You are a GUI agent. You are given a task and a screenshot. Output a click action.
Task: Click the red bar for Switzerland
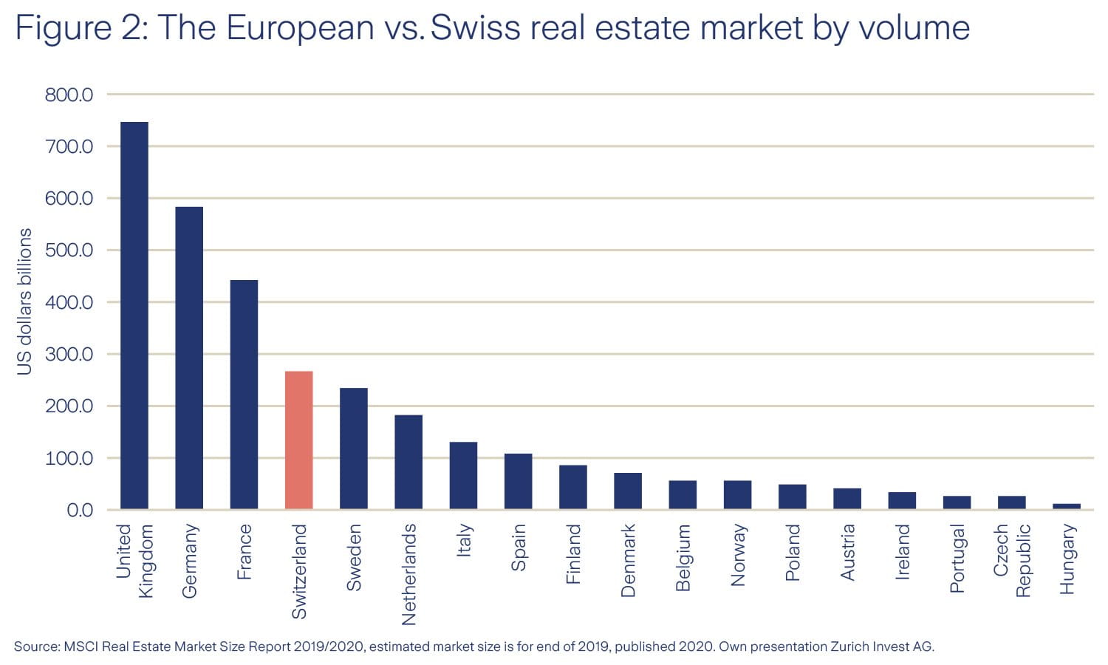(298, 440)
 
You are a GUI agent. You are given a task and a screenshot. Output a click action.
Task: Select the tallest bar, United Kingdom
(134, 316)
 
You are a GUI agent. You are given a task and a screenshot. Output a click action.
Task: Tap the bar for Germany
(189, 358)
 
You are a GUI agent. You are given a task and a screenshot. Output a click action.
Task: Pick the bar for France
(244, 395)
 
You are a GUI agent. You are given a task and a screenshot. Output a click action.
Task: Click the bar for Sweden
(353, 449)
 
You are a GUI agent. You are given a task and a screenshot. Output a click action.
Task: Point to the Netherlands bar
(408, 462)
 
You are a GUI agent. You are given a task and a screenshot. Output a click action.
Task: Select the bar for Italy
(463, 476)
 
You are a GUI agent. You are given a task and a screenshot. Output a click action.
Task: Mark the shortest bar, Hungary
(1066, 506)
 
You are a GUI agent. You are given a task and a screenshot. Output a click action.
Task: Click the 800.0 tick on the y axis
(69, 95)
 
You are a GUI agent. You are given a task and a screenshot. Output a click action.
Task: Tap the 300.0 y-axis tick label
(69, 354)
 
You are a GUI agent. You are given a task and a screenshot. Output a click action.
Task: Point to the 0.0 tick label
(80, 510)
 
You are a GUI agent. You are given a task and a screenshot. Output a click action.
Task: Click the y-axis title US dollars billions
(24, 301)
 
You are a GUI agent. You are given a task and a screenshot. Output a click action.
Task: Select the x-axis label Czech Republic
(1011, 560)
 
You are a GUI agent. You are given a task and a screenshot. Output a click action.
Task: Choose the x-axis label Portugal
(957, 558)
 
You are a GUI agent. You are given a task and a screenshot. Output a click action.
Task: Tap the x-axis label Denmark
(628, 560)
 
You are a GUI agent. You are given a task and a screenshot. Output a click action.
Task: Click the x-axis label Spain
(519, 547)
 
